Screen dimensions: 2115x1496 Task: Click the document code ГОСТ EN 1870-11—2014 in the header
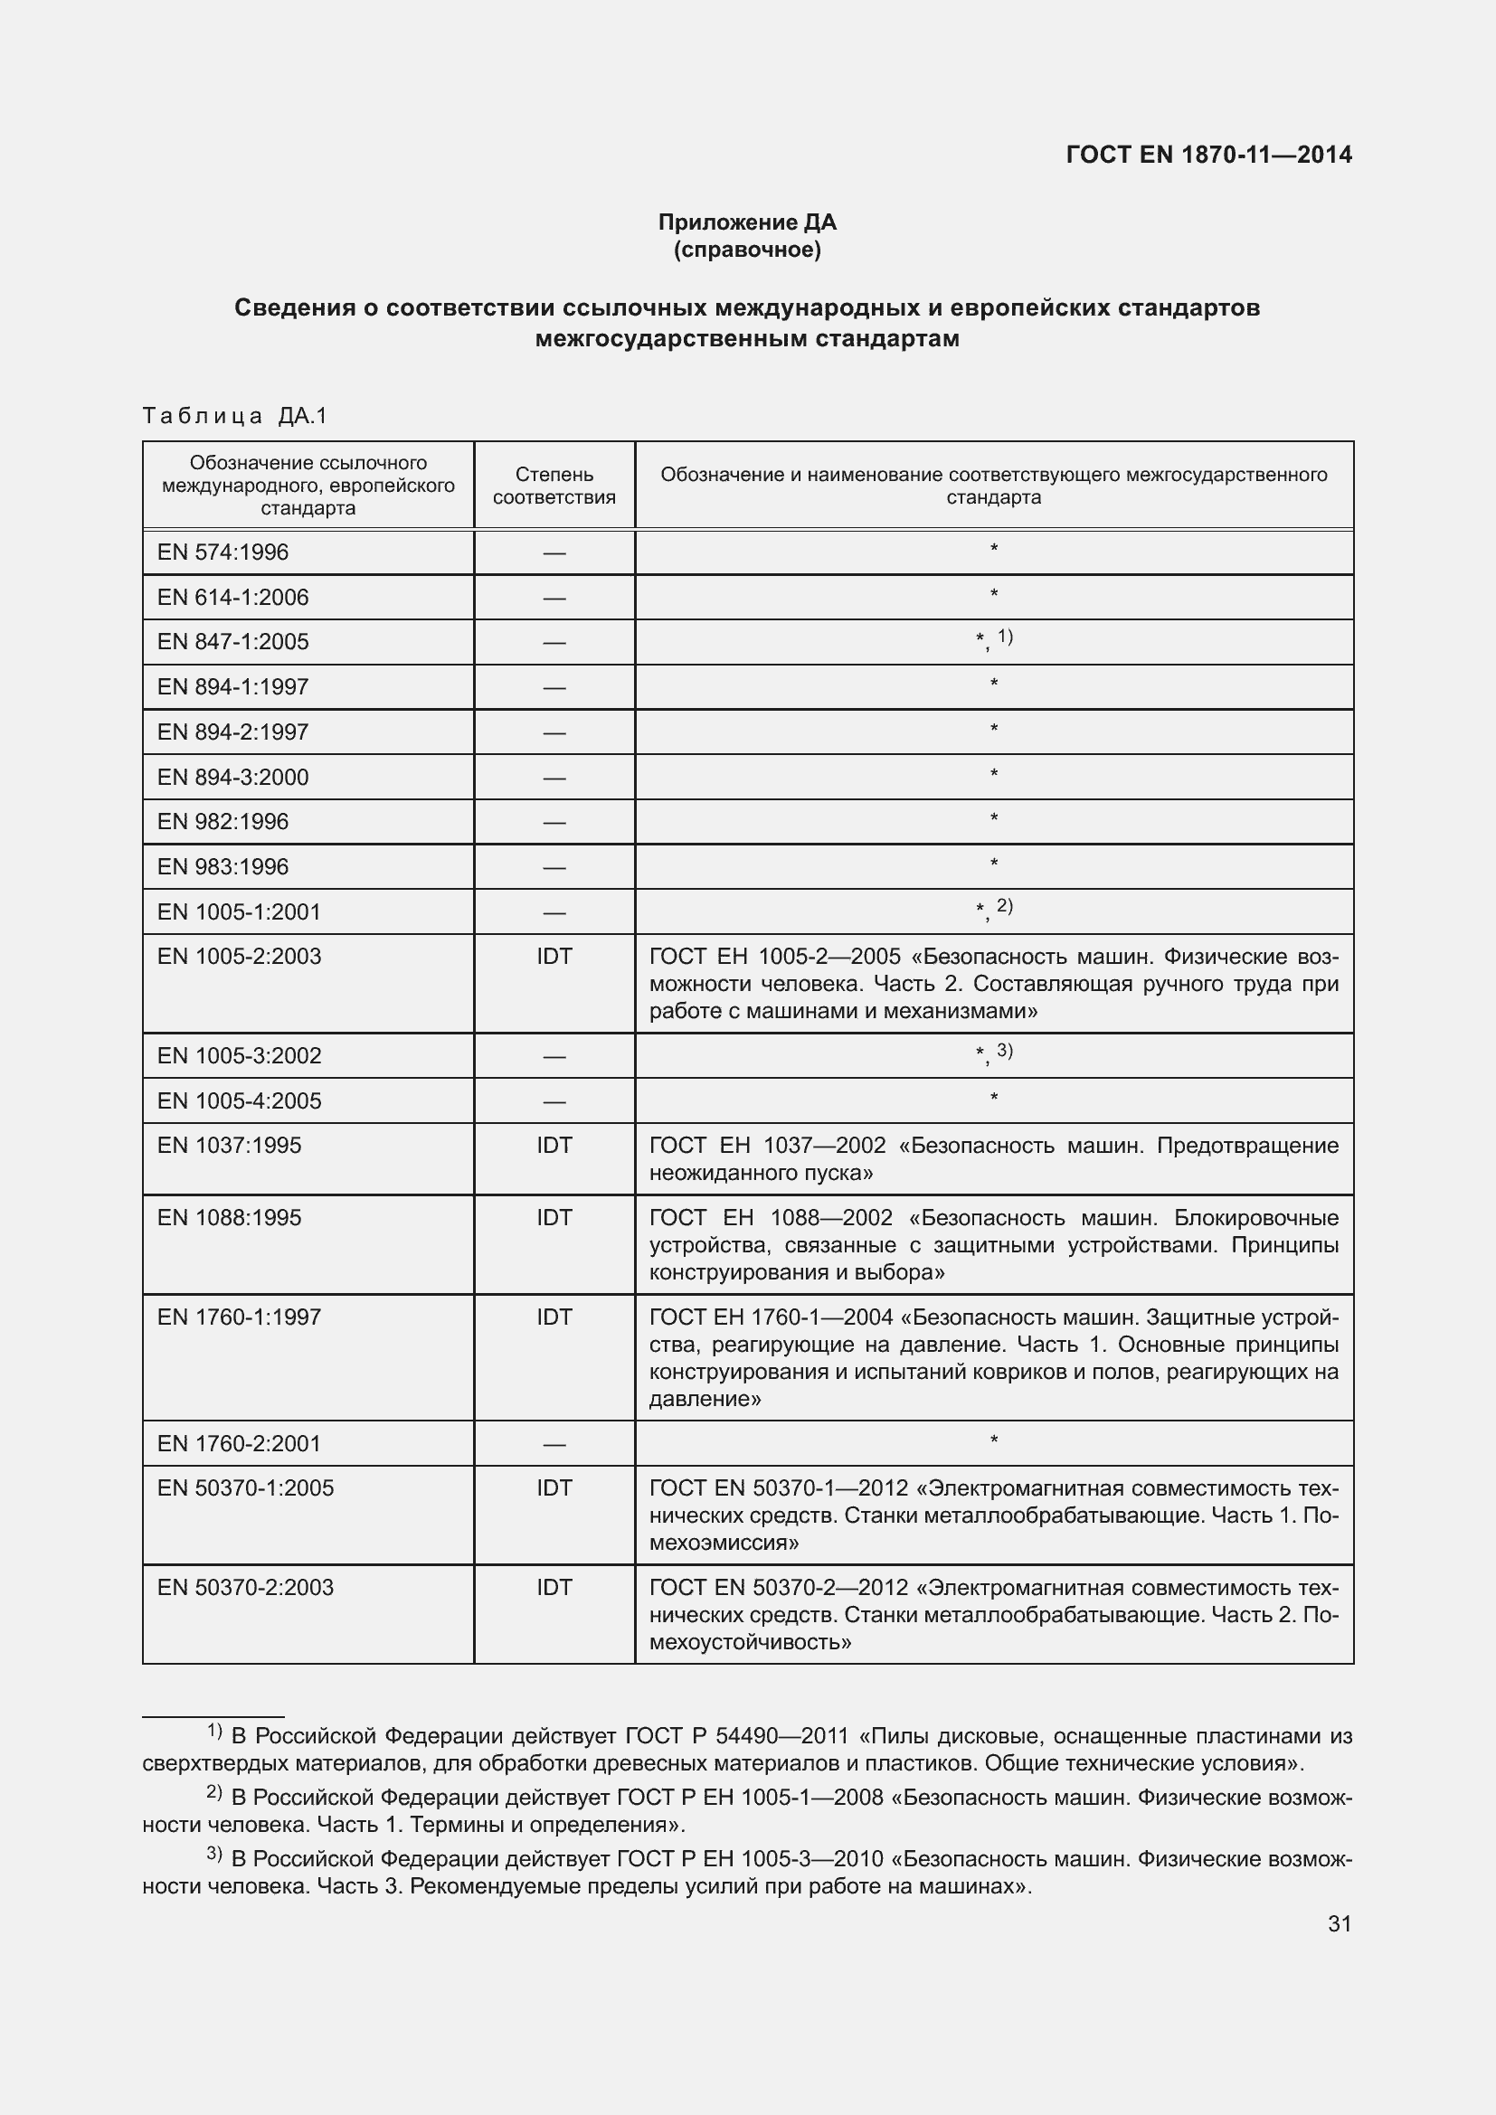[1207, 155]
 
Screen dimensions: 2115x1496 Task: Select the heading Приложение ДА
[746, 222]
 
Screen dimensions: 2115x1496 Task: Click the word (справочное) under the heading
[746, 250]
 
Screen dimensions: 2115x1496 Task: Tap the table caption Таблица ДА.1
[235, 416]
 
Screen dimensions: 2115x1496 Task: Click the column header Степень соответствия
[554, 486]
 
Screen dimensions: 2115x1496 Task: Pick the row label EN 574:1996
[223, 552]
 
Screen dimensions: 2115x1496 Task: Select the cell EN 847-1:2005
[233, 642]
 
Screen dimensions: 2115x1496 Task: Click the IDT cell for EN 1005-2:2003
[554, 956]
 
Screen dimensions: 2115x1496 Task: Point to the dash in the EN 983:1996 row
[554, 867]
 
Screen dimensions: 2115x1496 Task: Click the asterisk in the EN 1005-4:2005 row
[993, 1098]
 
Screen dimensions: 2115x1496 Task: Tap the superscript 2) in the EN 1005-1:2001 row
[1004, 906]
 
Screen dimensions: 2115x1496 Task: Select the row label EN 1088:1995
[230, 1218]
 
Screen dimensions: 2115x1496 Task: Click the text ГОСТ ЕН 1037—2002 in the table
[766, 1146]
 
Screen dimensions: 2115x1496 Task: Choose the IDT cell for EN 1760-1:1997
[554, 1317]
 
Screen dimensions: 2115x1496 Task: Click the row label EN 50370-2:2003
[245, 1587]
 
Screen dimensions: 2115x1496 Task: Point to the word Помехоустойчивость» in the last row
[750, 1641]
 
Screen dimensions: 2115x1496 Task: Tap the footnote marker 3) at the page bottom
[213, 1854]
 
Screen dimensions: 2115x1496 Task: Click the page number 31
[1340, 1923]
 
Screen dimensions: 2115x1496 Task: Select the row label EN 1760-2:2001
[239, 1443]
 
